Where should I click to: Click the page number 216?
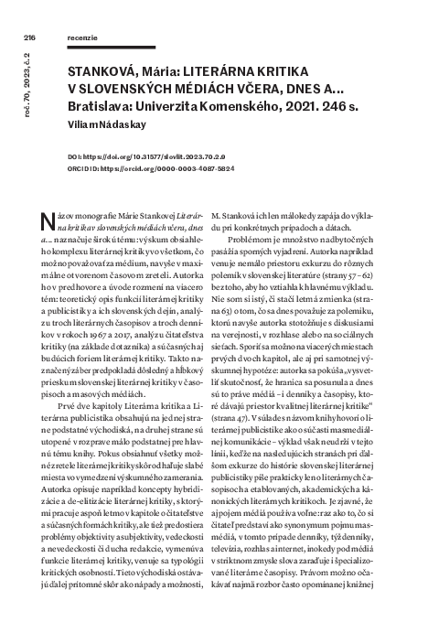(29, 38)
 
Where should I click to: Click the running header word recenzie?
(85, 38)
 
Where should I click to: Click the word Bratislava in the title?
(104, 112)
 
